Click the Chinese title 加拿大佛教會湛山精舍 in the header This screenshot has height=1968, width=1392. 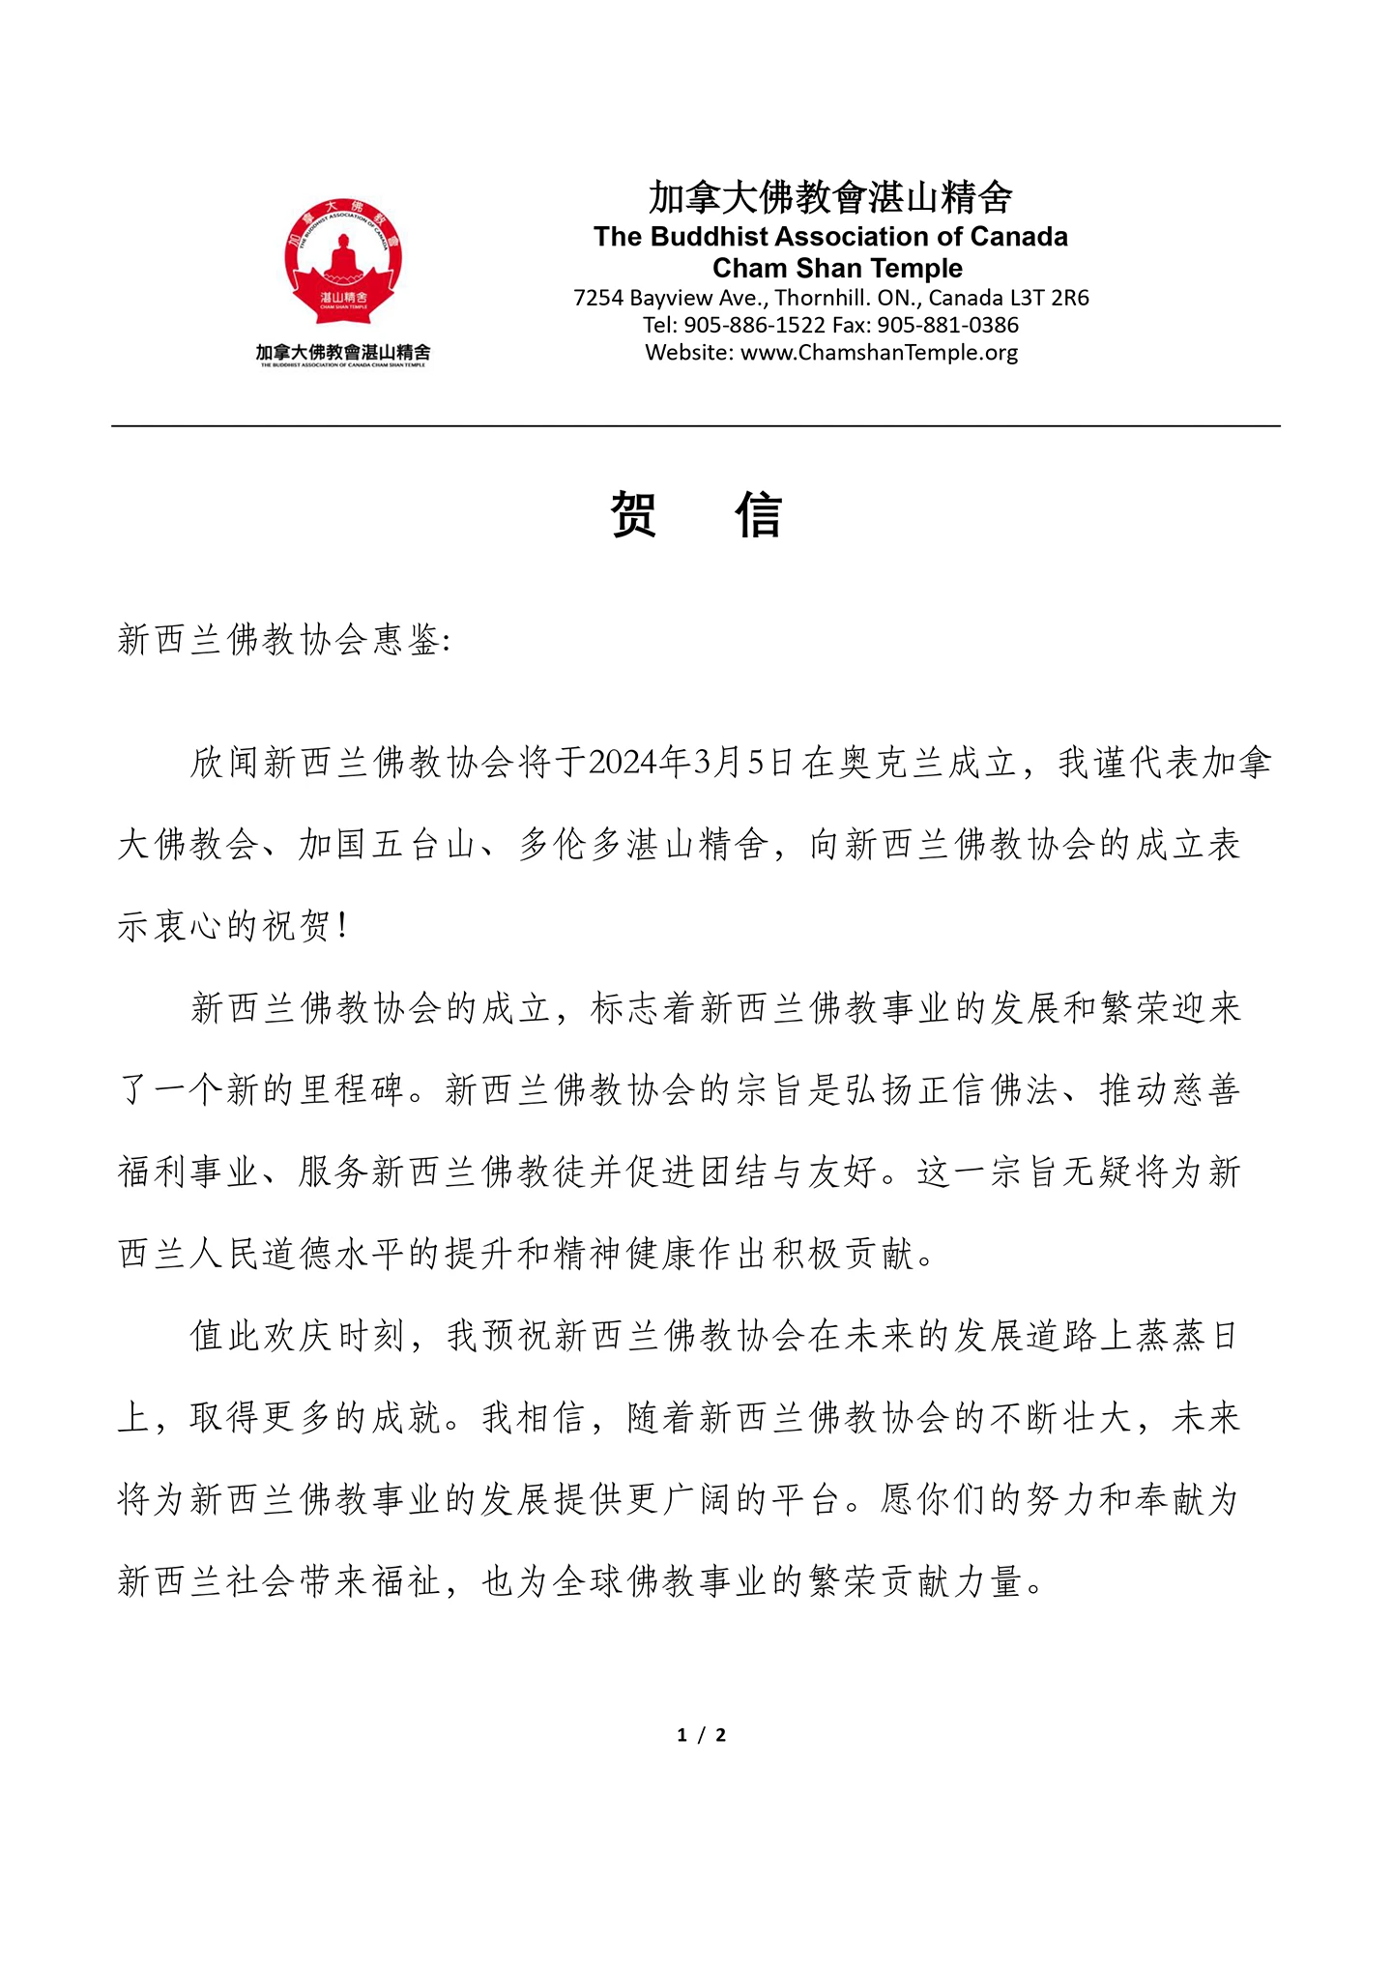click(x=830, y=198)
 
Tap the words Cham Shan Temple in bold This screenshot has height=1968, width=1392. click(x=837, y=268)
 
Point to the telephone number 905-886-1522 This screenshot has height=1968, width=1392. click(x=754, y=325)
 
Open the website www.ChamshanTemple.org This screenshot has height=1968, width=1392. click(x=879, y=352)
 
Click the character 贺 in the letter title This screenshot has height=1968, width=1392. click(x=634, y=514)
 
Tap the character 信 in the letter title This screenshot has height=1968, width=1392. click(x=758, y=514)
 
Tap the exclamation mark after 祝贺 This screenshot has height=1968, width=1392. click(x=344, y=927)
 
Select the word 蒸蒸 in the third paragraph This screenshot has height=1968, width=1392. click(x=1171, y=1336)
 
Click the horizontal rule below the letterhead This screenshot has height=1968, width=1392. click(x=696, y=425)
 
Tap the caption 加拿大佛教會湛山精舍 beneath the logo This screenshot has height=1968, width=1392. click(x=342, y=353)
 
